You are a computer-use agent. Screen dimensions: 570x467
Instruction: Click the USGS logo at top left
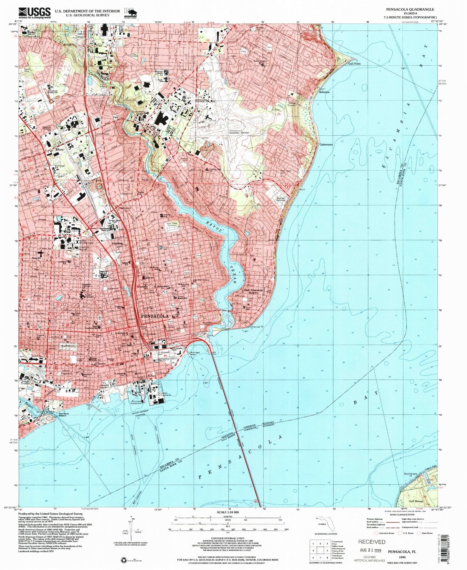[35, 12]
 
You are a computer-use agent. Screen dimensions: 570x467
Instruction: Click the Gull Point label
[354, 64]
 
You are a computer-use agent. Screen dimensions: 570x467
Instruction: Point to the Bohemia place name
[324, 92]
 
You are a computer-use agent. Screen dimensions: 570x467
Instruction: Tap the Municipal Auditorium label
[136, 402]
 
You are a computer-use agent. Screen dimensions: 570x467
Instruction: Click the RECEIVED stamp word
[372, 542]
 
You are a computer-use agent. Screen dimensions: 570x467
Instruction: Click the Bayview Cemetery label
[280, 198]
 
